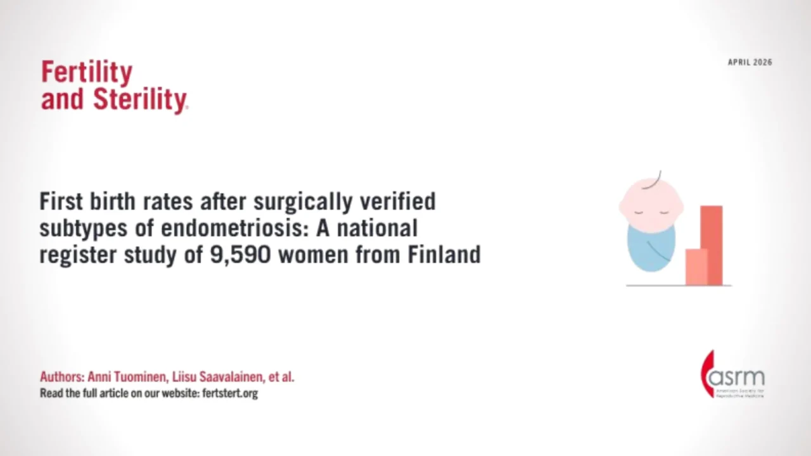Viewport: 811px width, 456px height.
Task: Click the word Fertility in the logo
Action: tap(87, 73)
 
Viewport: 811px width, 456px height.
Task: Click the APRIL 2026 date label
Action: tap(750, 62)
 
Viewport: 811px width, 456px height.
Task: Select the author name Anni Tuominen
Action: tap(127, 377)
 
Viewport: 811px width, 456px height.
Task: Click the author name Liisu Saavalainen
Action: tap(218, 377)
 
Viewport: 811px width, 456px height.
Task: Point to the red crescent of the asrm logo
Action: tap(705, 374)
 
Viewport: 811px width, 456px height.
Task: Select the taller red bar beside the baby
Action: tap(711, 244)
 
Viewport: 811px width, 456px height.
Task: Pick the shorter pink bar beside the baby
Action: tap(696, 267)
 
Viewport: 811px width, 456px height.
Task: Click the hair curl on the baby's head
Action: tap(659, 175)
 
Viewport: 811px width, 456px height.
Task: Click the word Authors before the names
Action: tap(61, 377)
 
